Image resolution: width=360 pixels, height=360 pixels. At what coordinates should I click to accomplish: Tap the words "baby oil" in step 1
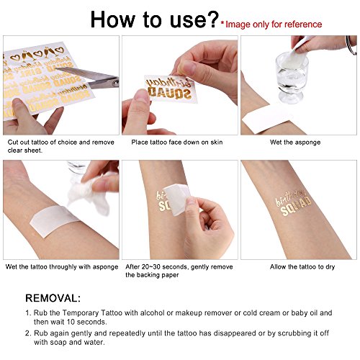coord(309,311)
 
